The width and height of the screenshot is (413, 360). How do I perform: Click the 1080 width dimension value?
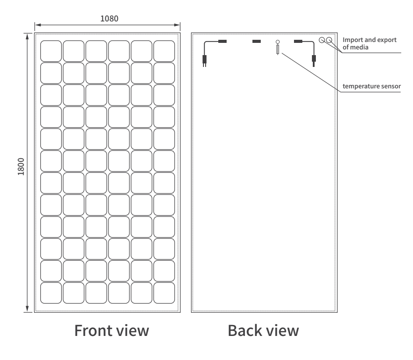point(109,19)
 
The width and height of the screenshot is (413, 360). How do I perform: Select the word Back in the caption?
point(245,330)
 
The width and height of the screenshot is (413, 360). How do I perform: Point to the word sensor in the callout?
point(390,86)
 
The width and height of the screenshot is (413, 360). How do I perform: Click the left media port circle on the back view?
point(322,41)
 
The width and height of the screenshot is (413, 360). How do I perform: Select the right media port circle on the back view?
point(329,41)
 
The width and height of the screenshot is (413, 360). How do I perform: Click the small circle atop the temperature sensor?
point(277,42)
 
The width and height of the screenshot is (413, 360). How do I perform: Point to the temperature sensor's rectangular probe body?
point(277,50)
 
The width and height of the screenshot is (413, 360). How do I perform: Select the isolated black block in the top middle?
point(257,42)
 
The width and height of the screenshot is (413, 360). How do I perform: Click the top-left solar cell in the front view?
point(51,51)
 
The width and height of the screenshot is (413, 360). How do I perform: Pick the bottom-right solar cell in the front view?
point(164,293)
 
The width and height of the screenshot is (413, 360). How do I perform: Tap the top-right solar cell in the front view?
point(164,51)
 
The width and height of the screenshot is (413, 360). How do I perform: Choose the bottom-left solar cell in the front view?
point(51,293)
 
